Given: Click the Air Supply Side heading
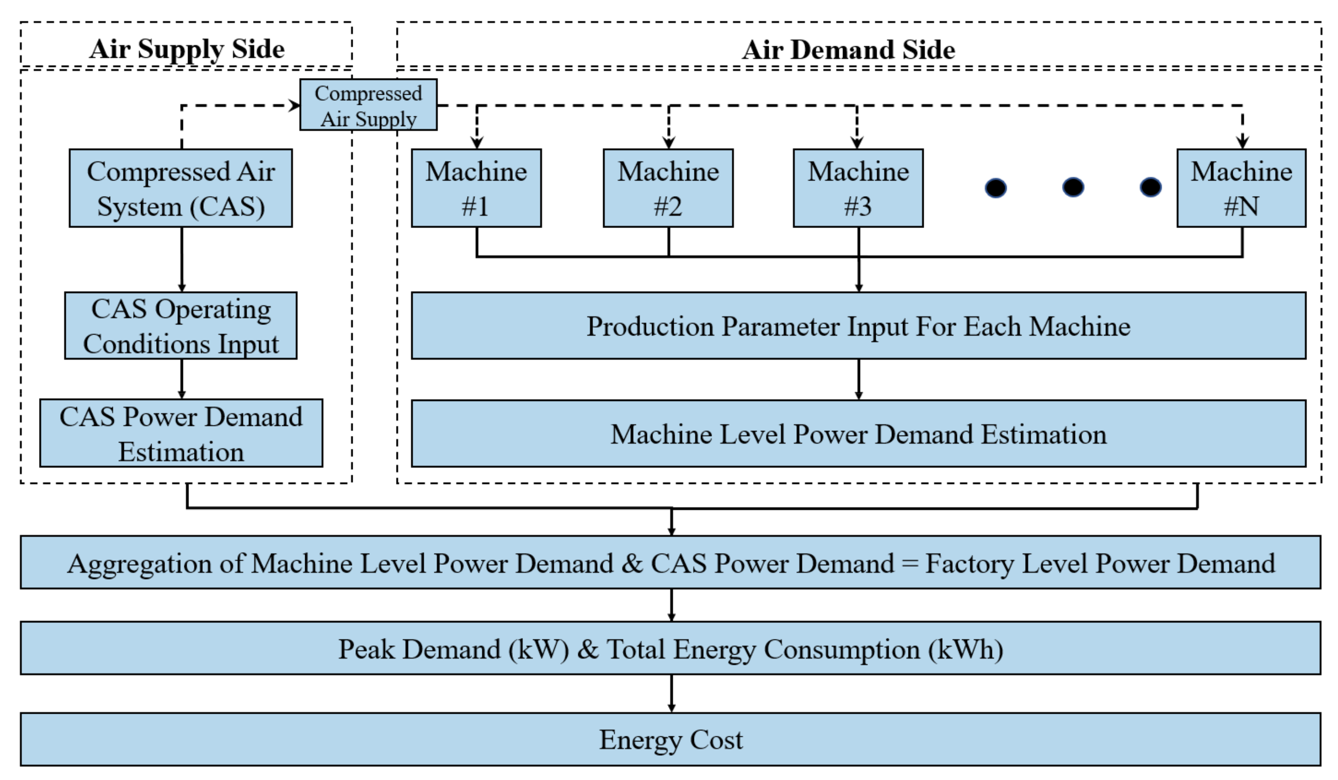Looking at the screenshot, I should pyautogui.click(x=187, y=49).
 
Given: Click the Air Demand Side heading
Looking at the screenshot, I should pyautogui.click(x=848, y=49).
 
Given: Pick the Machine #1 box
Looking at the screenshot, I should pyautogui.click(x=476, y=188).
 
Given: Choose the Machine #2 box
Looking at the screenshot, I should pyautogui.click(x=668, y=188).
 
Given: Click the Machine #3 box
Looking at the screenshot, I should pyautogui.click(x=858, y=188).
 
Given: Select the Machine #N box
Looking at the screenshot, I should pyautogui.click(x=1241, y=188).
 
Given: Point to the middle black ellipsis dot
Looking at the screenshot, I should pyautogui.click(x=1073, y=187).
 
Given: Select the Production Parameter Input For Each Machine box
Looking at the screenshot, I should pyautogui.click(x=858, y=326).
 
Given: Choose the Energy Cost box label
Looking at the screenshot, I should pyautogui.click(x=671, y=739).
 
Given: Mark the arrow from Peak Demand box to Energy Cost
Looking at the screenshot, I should pyautogui.click(x=671, y=693).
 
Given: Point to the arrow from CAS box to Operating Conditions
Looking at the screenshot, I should pyautogui.click(x=182, y=259).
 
